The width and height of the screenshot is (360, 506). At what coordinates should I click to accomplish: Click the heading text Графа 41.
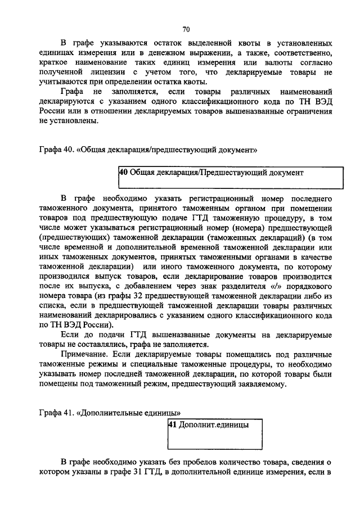56,414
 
